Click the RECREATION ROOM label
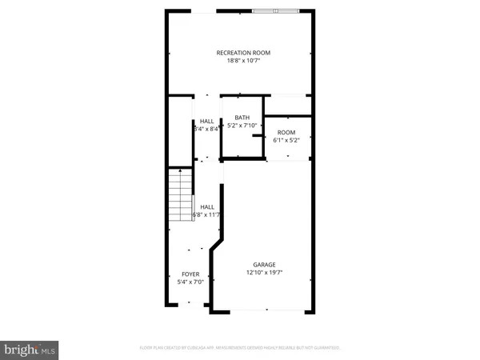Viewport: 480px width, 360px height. pyautogui.click(x=243, y=53)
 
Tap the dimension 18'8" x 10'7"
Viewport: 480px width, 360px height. pyautogui.click(x=243, y=62)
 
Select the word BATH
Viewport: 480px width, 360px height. pyautogui.click(x=242, y=118)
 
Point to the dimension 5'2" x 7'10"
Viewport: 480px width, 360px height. pyautogui.click(x=242, y=126)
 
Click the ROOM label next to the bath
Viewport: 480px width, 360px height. pyautogui.click(x=286, y=132)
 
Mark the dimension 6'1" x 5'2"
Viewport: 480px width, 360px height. pyautogui.click(x=286, y=140)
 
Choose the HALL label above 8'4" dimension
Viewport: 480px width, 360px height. pyautogui.click(x=206, y=121)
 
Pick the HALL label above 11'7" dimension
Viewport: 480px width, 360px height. pyautogui.click(x=206, y=206)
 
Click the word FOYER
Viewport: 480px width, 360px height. pyautogui.click(x=190, y=274)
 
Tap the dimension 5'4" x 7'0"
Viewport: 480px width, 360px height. pyautogui.click(x=190, y=282)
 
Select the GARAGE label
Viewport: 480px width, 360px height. pyautogui.click(x=265, y=265)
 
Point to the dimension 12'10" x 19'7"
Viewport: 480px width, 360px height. pyautogui.click(x=265, y=273)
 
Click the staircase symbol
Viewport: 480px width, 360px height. pyautogui.click(x=181, y=196)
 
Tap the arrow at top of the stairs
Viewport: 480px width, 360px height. pyautogui.click(x=181, y=170)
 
